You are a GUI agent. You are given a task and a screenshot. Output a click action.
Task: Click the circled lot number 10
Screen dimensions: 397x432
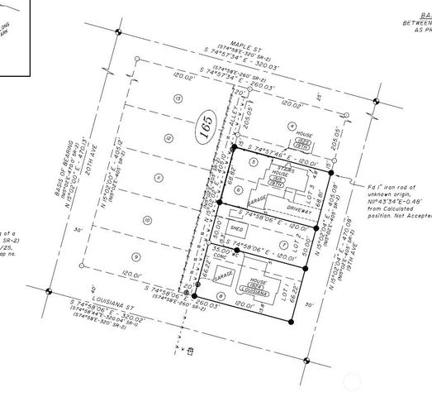[148, 219]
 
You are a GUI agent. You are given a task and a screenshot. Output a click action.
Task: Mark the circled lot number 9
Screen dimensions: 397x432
[137, 256]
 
